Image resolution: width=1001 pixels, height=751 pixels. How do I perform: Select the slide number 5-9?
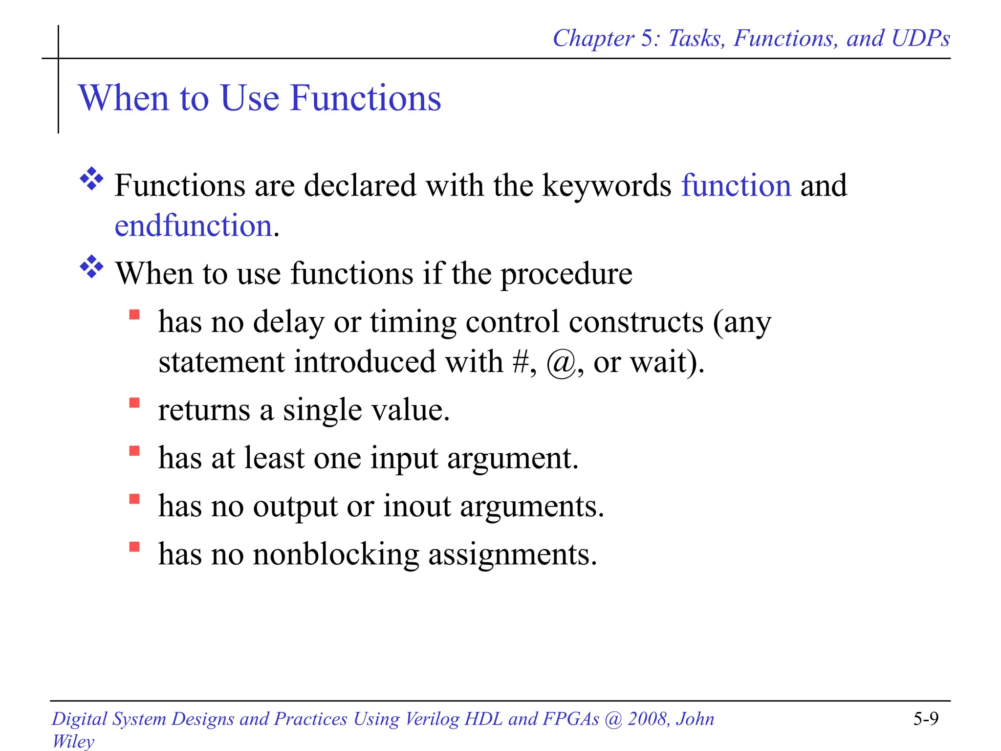(x=926, y=718)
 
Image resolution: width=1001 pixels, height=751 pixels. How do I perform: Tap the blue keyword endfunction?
(x=194, y=226)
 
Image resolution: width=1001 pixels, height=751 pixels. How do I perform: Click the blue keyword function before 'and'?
(x=736, y=186)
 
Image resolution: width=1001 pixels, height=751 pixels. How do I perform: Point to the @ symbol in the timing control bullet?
(x=561, y=363)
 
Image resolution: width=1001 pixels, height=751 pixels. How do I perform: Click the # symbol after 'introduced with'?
(x=521, y=362)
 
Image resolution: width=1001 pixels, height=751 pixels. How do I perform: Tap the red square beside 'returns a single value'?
(x=134, y=402)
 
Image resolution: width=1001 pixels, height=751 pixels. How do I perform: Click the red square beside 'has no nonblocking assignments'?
(x=134, y=546)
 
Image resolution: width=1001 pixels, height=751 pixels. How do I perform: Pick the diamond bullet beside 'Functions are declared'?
(x=91, y=179)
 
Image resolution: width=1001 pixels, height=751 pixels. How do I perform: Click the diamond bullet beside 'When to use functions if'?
(x=91, y=266)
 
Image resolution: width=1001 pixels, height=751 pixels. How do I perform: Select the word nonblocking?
(x=336, y=555)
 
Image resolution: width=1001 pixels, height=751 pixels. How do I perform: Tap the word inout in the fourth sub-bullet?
(x=417, y=506)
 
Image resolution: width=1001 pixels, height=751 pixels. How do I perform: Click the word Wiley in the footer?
(x=73, y=741)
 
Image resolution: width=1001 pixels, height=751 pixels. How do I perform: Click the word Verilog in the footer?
(x=432, y=719)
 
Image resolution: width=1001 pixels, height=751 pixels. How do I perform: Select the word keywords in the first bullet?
(x=607, y=186)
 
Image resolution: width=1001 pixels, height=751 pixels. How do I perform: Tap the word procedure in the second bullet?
(x=566, y=274)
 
